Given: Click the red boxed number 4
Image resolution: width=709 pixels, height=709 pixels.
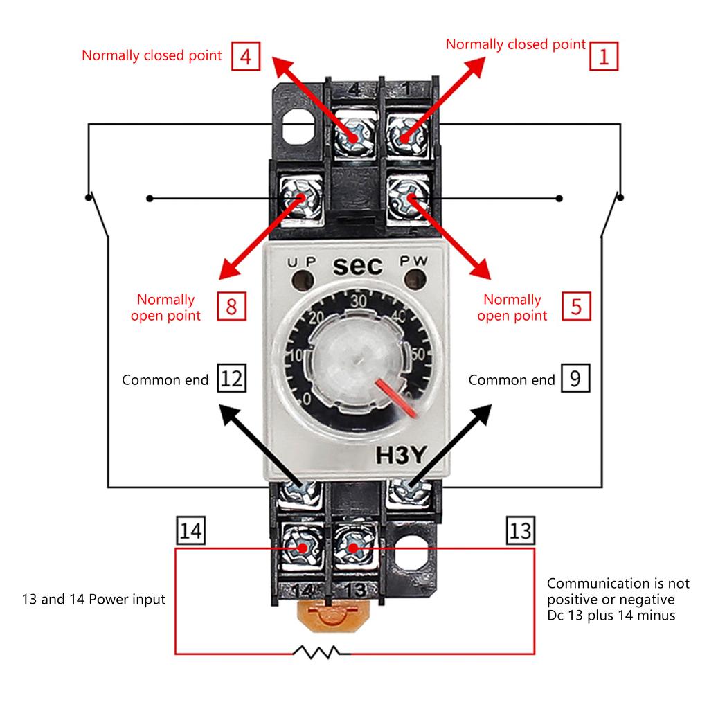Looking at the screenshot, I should point(245,57).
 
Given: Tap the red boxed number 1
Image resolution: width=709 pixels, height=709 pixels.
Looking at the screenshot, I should point(603,56).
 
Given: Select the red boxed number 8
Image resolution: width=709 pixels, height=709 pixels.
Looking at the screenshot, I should point(231,306).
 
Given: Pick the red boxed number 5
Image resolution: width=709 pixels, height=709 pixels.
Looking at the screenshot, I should point(577,306).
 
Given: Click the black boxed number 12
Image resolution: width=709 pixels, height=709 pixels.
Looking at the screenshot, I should point(232,379).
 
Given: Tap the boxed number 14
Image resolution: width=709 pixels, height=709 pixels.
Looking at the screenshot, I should point(190,531).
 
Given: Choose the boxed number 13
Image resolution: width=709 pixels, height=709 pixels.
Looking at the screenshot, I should point(520,531).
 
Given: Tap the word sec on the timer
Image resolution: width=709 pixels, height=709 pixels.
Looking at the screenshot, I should point(358,267).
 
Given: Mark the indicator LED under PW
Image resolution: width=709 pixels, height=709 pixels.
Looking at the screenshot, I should point(415,281).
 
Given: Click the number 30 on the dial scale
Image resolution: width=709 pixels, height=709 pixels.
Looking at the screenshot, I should point(358,302).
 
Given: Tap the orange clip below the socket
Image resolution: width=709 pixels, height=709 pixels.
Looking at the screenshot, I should point(331,614).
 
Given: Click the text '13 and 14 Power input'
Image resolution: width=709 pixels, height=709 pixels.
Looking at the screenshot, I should point(94,600).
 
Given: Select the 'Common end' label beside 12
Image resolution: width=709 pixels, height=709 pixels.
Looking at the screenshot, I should point(165,380).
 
